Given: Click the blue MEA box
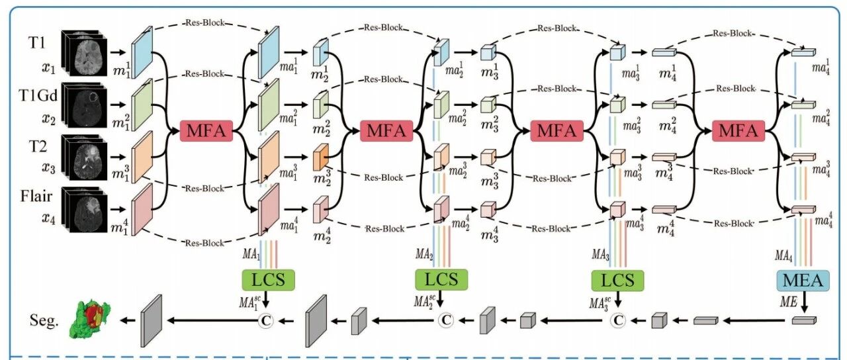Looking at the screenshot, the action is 803,280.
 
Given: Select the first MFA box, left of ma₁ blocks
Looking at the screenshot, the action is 206,131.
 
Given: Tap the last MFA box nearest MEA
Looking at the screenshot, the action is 738,131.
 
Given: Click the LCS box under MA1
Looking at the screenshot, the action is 269,280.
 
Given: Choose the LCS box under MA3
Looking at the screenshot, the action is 617,280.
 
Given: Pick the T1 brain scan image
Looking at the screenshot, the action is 84,52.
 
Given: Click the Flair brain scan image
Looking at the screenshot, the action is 84,208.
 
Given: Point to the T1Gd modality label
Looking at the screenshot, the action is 38,96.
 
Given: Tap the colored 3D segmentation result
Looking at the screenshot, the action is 90,320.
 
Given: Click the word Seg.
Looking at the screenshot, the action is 44,320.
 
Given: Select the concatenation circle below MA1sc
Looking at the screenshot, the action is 265,321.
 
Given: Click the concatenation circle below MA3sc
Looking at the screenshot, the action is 618,321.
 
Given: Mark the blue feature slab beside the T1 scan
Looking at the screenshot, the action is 142,52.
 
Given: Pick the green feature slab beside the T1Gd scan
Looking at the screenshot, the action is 142,105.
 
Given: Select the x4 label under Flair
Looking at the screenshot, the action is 48,218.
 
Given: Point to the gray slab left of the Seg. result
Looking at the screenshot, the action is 152,321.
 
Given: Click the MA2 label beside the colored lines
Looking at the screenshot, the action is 424,253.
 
